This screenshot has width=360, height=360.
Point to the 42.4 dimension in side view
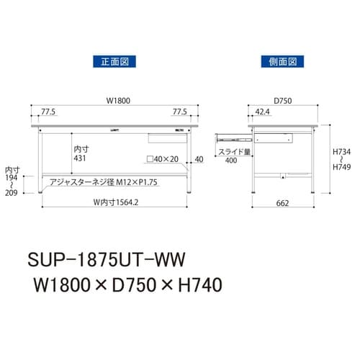click(x=262, y=112)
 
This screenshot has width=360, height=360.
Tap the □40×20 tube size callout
click(x=162, y=158)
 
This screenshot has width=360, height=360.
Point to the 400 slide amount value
click(x=231, y=161)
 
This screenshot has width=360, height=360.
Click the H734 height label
click(x=341, y=152)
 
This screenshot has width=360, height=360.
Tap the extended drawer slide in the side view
click(x=230, y=135)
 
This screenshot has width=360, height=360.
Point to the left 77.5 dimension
click(x=48, y=112)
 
